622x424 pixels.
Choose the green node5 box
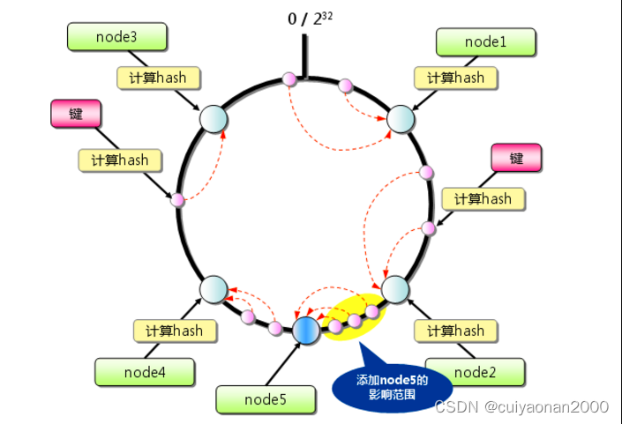[264, 400]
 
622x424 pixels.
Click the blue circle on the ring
[304, 329]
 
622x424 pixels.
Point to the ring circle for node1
[401, 119]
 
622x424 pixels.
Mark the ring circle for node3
[214, 118]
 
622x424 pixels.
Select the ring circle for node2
[395, 289]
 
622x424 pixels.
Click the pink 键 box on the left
[76, 113]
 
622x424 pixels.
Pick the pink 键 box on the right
[516, 158]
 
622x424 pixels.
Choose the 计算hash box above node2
[455, 331]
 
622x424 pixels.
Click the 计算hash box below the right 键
[483, 198]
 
